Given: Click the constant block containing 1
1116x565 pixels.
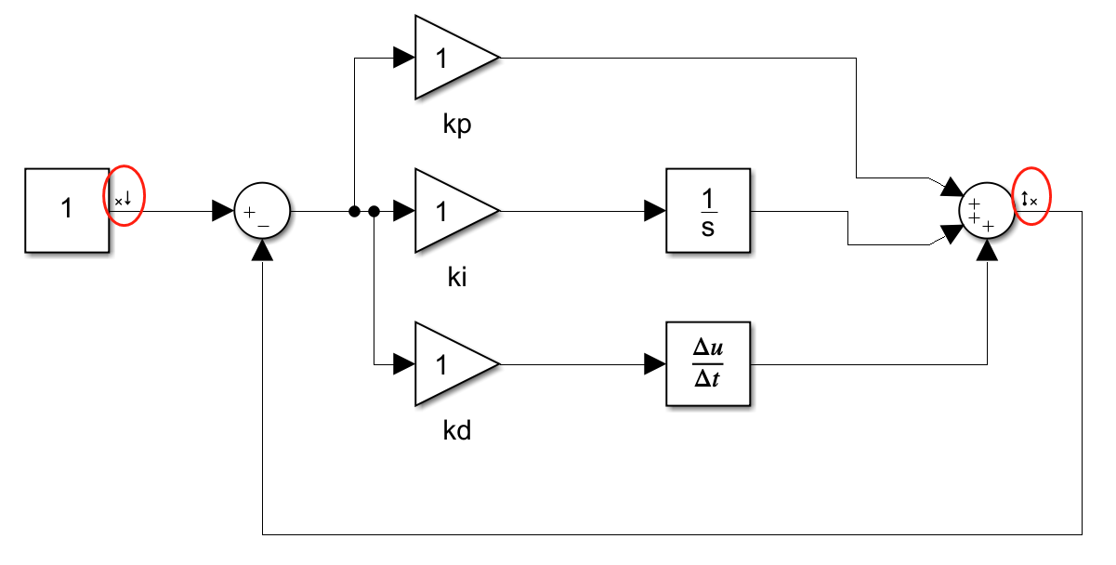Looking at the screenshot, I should pos(67,210).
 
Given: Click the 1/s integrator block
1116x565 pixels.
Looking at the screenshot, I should pos(707,211).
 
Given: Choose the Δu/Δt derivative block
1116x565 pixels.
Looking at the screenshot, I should pos(707,363).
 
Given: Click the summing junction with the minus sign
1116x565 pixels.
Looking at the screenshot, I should pos(263,211).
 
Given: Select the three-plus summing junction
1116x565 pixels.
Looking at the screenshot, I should pos(988,211).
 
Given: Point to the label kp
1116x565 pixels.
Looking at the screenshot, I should pos(456,125).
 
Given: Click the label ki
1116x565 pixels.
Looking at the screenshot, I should pos(456,278).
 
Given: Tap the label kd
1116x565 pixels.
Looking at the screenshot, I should pos(456,431).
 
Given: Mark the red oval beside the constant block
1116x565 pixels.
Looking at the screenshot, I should pos(125,196).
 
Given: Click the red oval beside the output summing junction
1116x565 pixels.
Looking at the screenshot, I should pos(1031,196).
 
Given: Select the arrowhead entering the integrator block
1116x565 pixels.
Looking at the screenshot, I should pos(655,211).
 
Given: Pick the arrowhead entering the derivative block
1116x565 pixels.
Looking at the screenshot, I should pos(655,363).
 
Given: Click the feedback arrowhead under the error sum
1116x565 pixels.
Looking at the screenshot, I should pos(263,250).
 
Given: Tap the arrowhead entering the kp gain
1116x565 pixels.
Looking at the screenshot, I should pos(404,58).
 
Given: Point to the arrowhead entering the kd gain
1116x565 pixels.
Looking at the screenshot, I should pos(404,363).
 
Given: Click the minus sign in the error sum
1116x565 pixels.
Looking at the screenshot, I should pos(264,224).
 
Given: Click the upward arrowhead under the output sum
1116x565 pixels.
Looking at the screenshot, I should pos(988,250).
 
